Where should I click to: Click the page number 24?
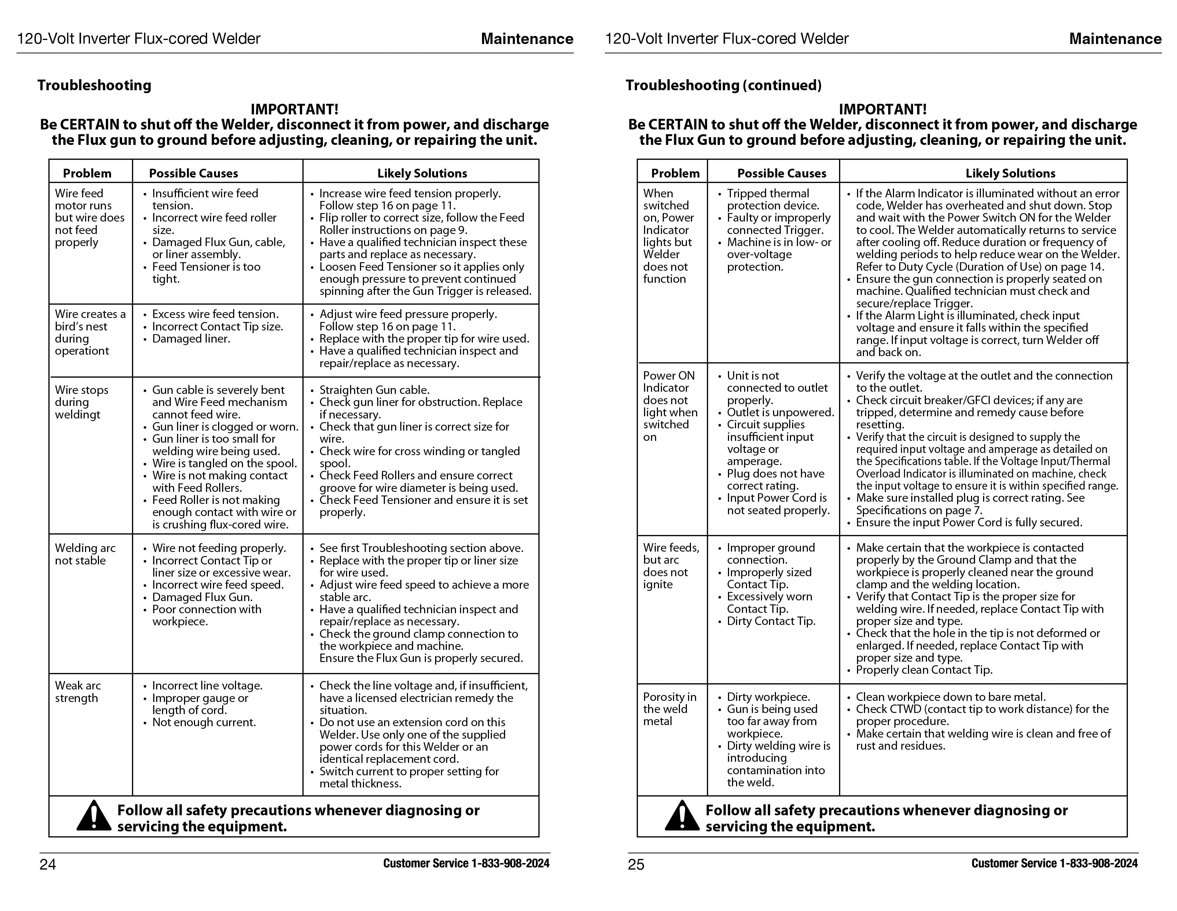point(47,865)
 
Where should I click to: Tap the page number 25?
point(636,865)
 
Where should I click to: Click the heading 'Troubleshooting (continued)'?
point(723,85)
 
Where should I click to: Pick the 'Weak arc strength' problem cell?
point(78,692)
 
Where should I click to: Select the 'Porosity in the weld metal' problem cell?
point(669,709)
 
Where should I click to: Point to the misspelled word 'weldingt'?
point(78,414)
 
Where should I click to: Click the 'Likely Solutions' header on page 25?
point(1010,173)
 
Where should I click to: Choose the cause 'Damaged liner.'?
point(191,339)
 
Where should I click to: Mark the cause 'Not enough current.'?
point(204,722)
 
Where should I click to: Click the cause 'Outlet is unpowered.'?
point(780,412)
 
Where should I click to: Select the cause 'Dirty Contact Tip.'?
point(770,621)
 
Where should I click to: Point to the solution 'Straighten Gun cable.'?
point(374,390)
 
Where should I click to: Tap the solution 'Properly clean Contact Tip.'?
point(924,670)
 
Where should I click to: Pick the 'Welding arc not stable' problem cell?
point(85,554)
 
